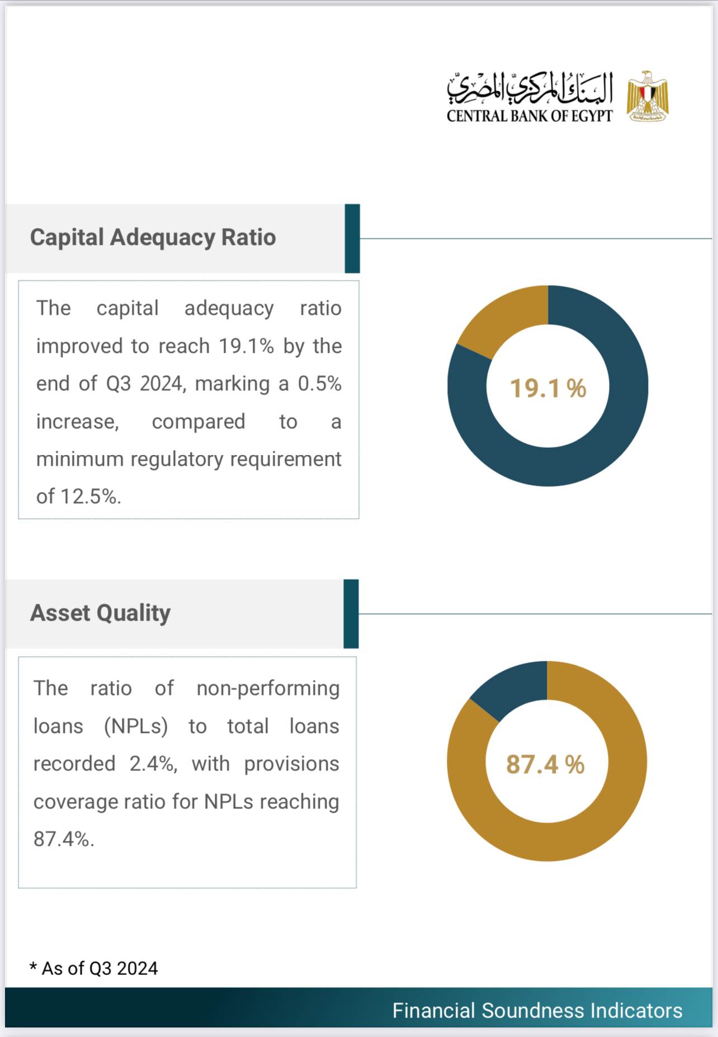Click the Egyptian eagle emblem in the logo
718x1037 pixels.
648,96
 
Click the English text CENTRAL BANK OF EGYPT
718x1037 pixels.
529,116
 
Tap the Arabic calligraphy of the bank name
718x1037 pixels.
529,88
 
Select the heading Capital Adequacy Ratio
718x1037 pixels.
153,238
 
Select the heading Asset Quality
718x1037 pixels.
100,613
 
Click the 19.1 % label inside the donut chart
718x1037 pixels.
547,389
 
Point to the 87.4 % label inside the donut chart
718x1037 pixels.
545,764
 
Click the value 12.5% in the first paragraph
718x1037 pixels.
89,496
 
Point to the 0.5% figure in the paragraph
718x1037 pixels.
319,384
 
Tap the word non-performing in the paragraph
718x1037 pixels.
268,689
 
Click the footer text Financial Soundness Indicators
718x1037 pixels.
537,1011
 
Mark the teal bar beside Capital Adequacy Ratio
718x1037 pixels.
352,239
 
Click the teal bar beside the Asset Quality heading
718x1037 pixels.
351,614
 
